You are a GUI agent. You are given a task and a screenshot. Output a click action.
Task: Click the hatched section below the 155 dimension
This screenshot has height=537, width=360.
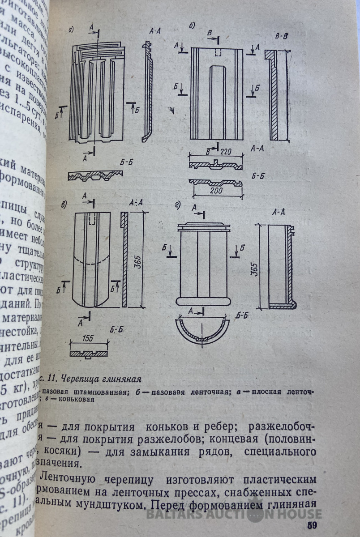pyautogui.click(x=89, y=354)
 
